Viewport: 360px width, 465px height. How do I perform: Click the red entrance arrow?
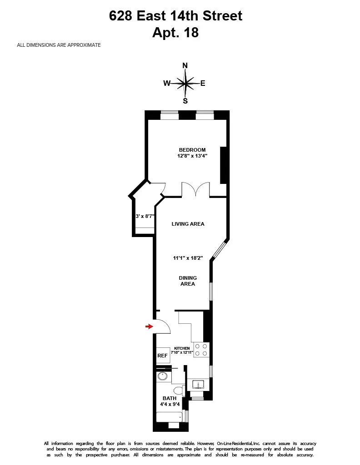149,326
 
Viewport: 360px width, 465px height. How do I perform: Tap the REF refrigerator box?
162,356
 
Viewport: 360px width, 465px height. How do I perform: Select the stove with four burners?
201,349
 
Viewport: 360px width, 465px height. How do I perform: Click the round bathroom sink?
163,376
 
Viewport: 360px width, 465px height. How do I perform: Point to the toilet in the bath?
180,391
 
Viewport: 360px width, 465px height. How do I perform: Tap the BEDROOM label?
192,150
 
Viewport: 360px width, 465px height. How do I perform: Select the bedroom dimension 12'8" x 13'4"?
192,156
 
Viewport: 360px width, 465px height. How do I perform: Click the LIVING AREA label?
188,224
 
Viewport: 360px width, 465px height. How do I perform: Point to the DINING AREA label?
188,281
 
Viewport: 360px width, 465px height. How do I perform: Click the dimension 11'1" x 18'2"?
188,258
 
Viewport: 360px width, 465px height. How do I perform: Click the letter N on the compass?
185,65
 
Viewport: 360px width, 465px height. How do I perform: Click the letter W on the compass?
167,83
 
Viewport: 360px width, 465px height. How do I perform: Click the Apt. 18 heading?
176,33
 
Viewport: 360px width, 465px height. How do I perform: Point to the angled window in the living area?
219,250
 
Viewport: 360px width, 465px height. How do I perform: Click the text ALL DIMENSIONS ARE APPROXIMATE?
59,45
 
